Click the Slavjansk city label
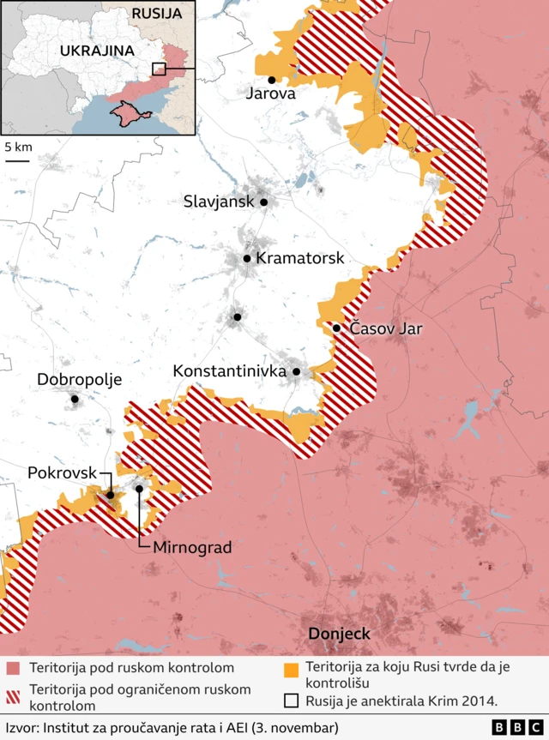click(219, 202)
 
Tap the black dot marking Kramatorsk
click(247, 258)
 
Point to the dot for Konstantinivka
click(297, 372)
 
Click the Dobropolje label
click(80, 379)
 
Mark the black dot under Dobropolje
click(75, 399)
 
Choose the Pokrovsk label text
click(62, 472)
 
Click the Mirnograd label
click(192, 546)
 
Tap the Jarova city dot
click(272, 80)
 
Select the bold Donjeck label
click(339, 635)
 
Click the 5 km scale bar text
click(18, 147)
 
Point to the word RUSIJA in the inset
click(156, 14)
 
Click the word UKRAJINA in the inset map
click(97, 50)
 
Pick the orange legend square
click(292, 668)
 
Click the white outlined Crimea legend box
click(292, 701)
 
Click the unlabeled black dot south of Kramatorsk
click(237, 317)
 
